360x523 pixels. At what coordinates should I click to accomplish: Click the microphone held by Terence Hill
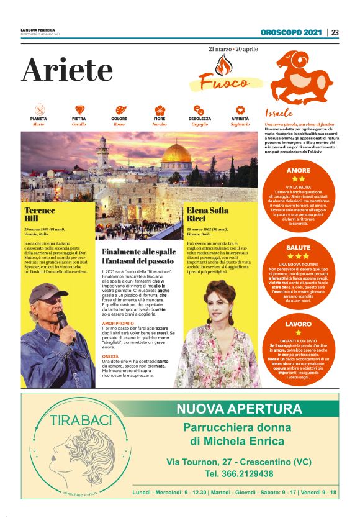point(62,318)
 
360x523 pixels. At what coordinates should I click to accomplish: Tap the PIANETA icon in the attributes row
point(38,110)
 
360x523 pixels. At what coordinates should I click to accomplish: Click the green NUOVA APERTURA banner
point(239,409)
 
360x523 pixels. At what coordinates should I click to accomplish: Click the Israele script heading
point(279,114)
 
